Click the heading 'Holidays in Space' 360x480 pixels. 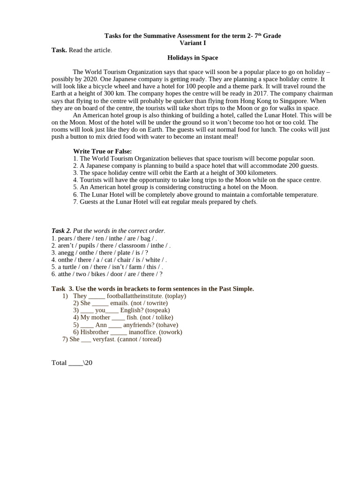pos(193,58)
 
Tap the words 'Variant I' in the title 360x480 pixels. pos(193,43)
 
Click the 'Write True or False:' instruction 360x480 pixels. pos(102,151)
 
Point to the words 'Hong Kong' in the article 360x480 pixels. pos(255,101)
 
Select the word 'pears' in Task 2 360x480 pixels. pos(65,238)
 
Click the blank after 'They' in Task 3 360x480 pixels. pos(97,296)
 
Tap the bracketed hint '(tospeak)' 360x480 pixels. pos(157,310)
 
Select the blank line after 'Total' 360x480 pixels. pos(75,363)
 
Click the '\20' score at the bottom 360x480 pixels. pos(88,363)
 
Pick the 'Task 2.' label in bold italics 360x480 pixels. pos(61,231)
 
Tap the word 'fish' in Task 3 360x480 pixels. pos(132,317)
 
